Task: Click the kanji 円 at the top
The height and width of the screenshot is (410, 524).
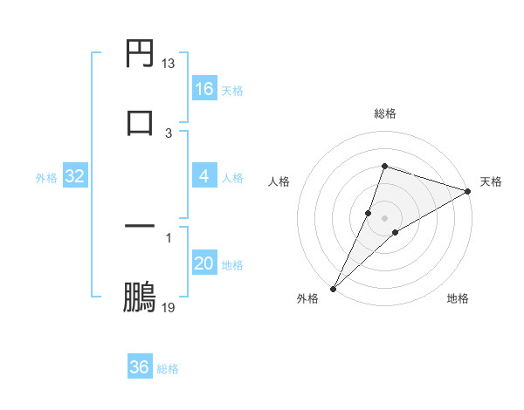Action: pos(140,54)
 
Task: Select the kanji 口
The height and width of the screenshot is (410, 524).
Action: pos(140,121)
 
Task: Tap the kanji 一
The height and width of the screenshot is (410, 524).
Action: pos(140,227)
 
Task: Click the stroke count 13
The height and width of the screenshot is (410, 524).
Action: pos(169,64)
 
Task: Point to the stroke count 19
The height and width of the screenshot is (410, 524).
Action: pos(169,308)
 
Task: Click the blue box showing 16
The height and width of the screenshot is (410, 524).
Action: pos(204,89)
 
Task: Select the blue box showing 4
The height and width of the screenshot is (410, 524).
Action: pos(204,176)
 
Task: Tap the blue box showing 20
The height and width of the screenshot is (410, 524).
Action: pos(204,263)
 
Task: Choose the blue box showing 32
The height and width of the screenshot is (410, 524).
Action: pos(75,176)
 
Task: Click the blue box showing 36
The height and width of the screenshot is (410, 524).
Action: pos(140,367)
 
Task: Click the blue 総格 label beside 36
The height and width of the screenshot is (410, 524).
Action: pos(168,369)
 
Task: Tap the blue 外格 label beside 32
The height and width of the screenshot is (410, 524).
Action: pos(46,178)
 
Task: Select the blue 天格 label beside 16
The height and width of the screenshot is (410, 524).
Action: pos(232,91)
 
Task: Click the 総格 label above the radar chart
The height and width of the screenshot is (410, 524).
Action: pos(385,113)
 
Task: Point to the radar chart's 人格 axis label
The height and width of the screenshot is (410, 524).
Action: pos(279,181)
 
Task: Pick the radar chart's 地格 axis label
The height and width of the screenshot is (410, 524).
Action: pos(458,298)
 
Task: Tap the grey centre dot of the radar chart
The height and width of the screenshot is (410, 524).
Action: pos(385,217)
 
